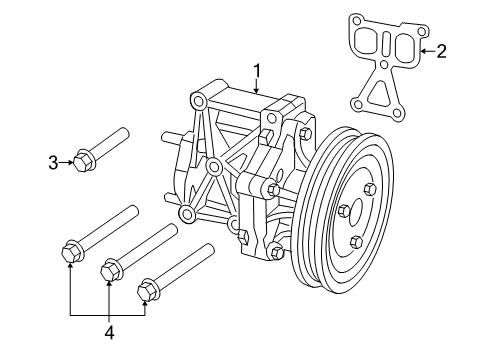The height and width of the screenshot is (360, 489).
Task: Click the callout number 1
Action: tap(257, 70)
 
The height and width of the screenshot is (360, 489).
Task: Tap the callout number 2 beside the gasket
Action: tap(441, 50)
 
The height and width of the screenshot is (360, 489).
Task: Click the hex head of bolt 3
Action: tap(83, 160)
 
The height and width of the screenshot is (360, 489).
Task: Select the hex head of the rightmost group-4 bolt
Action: tap(146, 289)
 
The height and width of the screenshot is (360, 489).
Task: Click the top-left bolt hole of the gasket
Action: tap(356, 18)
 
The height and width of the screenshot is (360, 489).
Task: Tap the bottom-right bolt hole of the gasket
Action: tap(400, 113)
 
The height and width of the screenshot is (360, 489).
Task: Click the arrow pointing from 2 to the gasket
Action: tap(427, 50)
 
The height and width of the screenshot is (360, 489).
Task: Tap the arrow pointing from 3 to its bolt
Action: tap(69, 160)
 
